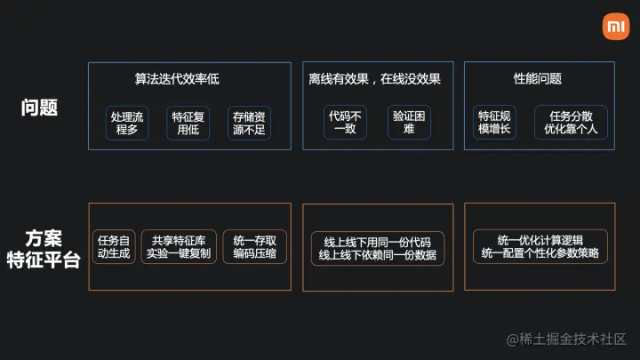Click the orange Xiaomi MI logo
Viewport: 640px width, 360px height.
coord(616,27)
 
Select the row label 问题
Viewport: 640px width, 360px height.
coord(40,108)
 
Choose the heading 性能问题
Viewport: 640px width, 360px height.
coord(538,79)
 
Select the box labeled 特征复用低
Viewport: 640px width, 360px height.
coord(189,123)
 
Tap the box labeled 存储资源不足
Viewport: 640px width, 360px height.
coord(250,123)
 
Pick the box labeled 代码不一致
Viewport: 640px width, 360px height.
coord(345,123)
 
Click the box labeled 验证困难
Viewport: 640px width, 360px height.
coord(409,123)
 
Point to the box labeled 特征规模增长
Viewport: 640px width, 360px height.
coord(494,123)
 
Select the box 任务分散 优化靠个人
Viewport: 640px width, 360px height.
coord(571,123)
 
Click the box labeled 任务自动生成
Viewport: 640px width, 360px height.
coord(114,246)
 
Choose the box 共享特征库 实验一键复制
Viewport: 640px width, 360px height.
coord(178,246)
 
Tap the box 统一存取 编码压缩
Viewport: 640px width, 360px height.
coord(254,246)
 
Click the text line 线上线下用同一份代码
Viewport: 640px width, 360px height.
coord(377,241)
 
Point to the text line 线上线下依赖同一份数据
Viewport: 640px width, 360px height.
coord(377,255)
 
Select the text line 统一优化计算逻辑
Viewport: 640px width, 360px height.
coord(540,239)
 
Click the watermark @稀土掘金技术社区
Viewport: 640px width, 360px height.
coord(567,339)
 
